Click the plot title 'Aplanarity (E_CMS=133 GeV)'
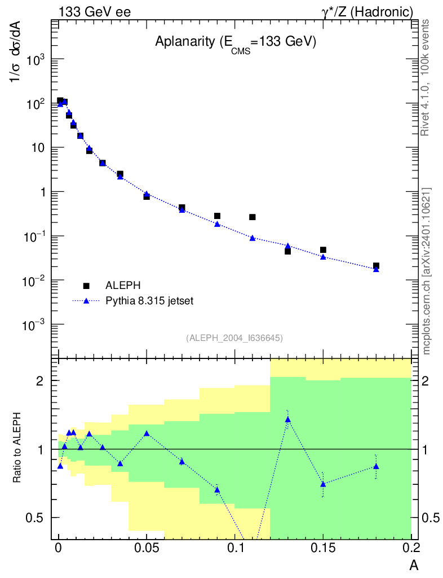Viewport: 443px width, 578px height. click(x=235, y=42)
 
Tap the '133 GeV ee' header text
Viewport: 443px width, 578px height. click(x=95, y=11)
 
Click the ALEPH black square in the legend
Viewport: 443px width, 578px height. click(x=87, y=286)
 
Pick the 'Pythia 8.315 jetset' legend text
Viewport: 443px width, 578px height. click(x=150, y=301)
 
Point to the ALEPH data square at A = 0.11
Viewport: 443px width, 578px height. click(x=252, y=217)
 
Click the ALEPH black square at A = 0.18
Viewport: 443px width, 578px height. click(x=376, y=266)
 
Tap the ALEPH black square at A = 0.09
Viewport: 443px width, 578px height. click(x=217, y=216)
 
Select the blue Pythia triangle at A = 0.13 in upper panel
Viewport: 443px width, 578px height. click(x=287, y=246)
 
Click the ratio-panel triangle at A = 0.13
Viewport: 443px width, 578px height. click(x=287, y=419)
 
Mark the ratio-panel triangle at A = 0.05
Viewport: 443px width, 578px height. click(x=147, y=433)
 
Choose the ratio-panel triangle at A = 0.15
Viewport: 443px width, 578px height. click(x=323, y=484)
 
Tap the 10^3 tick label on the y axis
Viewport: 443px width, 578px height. click(x=34, y=60)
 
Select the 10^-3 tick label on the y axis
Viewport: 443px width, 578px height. click(x=33, y=325)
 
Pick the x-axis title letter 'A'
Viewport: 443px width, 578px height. click(x=414, y=565)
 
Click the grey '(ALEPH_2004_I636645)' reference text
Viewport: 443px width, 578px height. click(x=234, y=338)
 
